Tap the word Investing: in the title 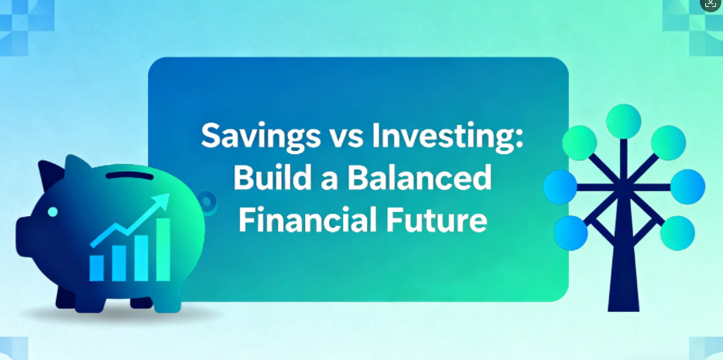tap(454, 136)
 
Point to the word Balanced tap(419, 177)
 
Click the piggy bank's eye tap(53, 211)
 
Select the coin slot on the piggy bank tap(129, 176)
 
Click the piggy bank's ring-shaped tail tap(208, 204)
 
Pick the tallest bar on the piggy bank tap(163, 249)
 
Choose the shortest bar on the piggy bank tap(96, 268)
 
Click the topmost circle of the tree tap(623, 122)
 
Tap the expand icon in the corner tap(711, 4)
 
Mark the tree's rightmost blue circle tap(687, 187)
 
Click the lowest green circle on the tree tap(677, 233)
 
